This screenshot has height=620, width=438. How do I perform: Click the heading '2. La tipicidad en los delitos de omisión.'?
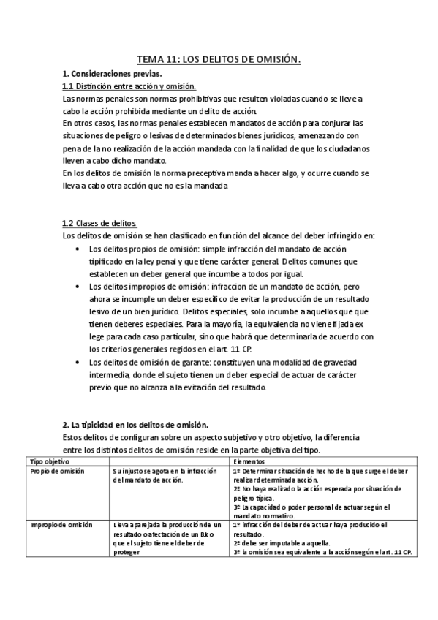coord(135,425)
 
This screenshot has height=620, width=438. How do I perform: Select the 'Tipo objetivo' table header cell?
coord(48,462)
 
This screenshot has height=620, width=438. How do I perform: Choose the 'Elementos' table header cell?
coord(249,462)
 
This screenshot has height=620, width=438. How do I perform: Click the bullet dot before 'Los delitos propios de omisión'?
coord(79,249)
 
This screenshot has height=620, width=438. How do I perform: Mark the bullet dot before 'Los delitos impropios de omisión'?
coord(79,286)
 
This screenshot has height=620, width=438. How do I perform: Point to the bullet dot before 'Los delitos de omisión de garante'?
coord(79,361)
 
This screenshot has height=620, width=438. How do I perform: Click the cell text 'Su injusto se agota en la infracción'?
coord(161,472)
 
